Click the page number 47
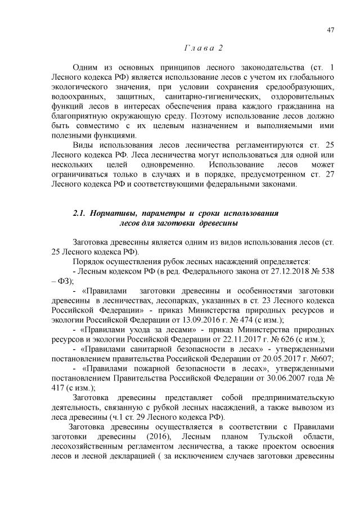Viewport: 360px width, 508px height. click(331, 30)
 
